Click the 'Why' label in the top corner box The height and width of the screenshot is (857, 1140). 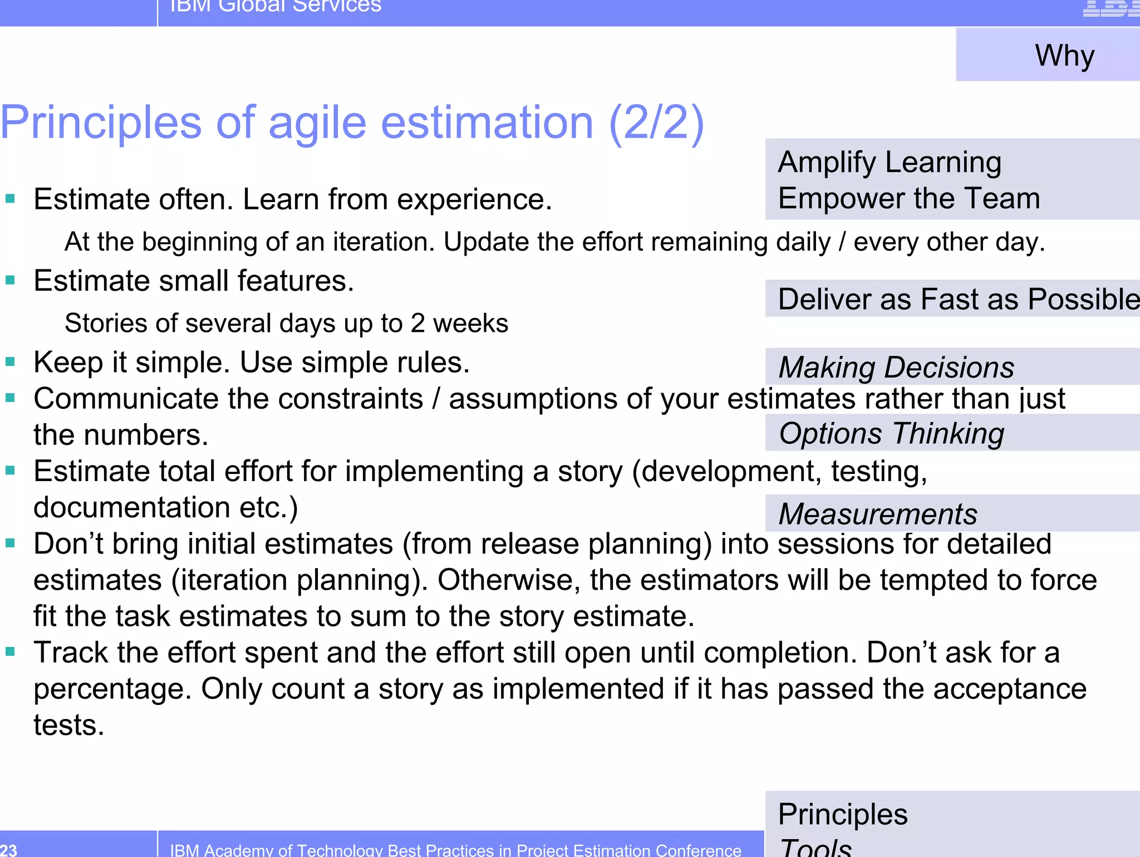point(1064,56)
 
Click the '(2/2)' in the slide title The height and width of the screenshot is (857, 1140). point(657,123)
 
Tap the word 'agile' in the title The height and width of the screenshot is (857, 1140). point(317,124)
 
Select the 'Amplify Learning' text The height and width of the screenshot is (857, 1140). point(890,163)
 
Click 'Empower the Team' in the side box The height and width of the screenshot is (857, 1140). point(909,199)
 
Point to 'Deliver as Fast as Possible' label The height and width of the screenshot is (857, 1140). point(957,299)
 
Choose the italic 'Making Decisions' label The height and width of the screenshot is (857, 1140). point(896,368)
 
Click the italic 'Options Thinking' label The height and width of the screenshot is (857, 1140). point(891,433)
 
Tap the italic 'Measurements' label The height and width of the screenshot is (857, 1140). point(877,513)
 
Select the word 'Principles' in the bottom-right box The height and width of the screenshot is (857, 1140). point(843,814)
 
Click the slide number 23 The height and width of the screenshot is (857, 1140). point(9,850)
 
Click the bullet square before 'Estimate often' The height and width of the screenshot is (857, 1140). point(10,198)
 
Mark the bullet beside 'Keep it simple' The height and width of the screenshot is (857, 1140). point(10,362)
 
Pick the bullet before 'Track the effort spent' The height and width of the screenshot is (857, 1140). point(10,651)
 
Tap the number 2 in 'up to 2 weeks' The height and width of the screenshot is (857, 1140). point(417,324)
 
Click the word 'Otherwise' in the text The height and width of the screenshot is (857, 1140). point(509,580)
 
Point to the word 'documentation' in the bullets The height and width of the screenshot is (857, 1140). point(131,508)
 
